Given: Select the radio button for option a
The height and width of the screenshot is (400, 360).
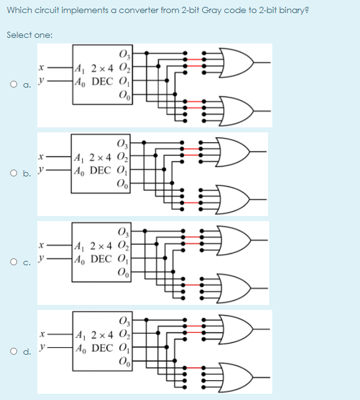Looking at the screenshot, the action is pos(14,84).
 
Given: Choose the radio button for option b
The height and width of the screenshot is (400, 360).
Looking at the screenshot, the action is pos(14,173).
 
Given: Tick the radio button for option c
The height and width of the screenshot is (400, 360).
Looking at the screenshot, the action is pos(14,261).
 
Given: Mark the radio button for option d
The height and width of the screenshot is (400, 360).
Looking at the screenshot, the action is pos(14,352).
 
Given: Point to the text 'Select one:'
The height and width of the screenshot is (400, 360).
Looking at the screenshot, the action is pos(30,35).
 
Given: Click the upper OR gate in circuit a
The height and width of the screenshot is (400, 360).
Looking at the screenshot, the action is pos(237,62).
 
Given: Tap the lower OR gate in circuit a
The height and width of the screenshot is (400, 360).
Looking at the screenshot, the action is pos(237,111).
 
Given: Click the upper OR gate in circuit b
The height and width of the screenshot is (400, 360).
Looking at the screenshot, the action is pos(233,152).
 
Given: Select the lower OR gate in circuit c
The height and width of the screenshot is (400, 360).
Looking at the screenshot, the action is pos(233,288).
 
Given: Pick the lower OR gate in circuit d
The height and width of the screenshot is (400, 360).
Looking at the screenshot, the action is pos(236,377).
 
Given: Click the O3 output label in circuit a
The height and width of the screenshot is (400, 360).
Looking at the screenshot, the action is pos(125,54).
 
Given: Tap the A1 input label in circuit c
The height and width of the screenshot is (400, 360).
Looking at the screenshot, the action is pos(80,247).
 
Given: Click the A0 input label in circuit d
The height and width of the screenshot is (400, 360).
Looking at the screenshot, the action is pos(81,348).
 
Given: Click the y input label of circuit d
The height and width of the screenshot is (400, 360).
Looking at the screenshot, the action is pos(43,347).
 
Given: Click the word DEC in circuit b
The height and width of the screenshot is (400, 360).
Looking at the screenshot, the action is pos(101,170).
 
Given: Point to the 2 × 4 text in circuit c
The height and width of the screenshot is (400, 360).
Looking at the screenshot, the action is pos(101,246).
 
